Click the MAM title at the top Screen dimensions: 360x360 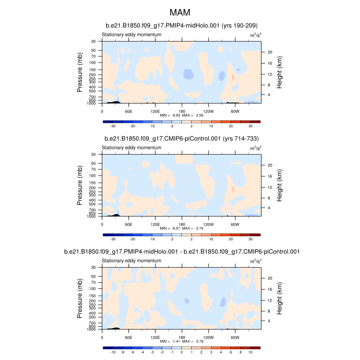click(x=180, y=12)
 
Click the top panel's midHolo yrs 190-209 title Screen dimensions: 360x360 click(x=181, y=26)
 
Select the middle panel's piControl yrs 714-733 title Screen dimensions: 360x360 click(x=181, y=139)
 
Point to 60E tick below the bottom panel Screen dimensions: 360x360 click(x=128, y=337)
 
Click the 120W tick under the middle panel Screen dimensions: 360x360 click(x=208, y=224)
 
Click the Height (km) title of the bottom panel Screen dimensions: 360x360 click(x=279, y=299)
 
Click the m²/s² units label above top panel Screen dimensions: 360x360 click(x=256, y=35)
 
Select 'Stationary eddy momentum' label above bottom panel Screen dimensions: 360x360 click(x=131, y=261)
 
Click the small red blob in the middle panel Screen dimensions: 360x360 click(x=233, y=189)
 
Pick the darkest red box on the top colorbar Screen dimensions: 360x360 click(x=255, y=121)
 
